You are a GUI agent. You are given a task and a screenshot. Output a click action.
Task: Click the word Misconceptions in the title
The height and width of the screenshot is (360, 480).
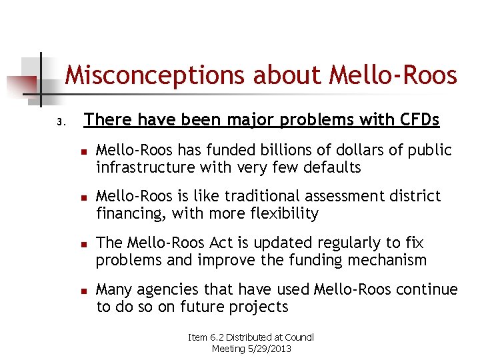click(157, 75)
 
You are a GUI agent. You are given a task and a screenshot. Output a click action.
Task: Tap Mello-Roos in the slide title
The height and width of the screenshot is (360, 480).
click(393, 75)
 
